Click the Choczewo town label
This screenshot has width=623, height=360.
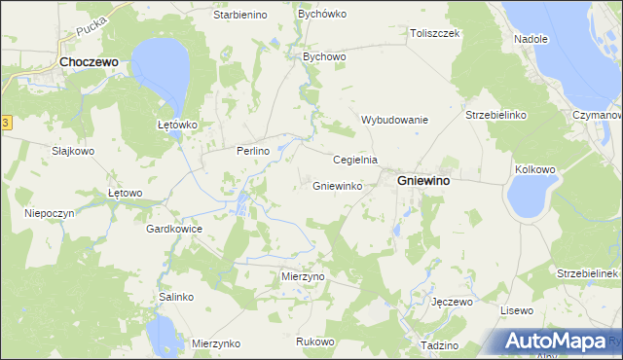coord(89,60)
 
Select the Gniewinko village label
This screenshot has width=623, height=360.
coord(338,185)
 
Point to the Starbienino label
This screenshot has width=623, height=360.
coord(241,16)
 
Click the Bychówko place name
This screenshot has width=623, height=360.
coord(322,16)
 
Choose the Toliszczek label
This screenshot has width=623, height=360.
coord(434,32)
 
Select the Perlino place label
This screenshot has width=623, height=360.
coord(251,152)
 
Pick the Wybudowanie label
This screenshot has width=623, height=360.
coord(394,120)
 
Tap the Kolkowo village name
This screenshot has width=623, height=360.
coord(534,169)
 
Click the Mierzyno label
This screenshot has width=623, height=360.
coord(302,276)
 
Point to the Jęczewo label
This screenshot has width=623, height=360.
coord(452,303)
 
